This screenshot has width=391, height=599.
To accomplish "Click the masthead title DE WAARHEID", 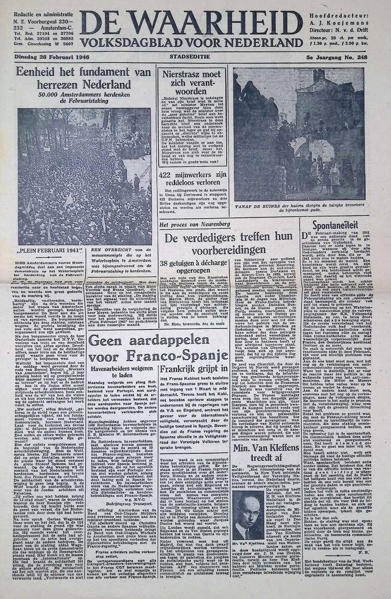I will [x=191, y=23].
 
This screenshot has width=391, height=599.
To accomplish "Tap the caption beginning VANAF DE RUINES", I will [x=298, y=207].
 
